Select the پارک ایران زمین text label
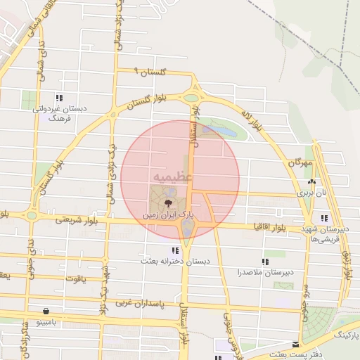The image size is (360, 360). tap(168, 214)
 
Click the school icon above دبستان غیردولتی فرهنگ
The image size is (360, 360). tap(60, 98)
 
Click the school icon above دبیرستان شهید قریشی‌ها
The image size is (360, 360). tap(323, 218)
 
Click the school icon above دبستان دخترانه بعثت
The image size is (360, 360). tap(174, 250)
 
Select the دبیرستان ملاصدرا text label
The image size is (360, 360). tap(266, 271)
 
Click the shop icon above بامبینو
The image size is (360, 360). tap(46, 310)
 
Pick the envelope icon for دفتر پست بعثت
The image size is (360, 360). tap(297, 345)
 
